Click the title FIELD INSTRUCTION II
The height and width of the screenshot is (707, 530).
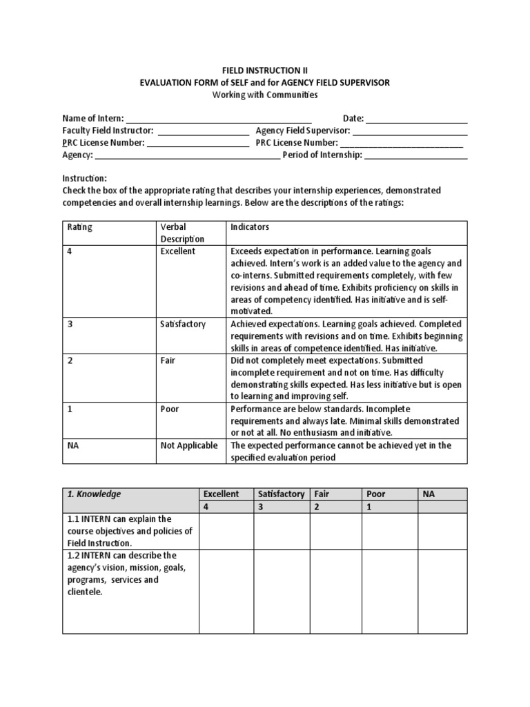pos(265,70)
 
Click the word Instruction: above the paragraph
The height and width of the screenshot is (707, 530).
pos(85,177)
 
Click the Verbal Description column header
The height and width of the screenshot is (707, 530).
pos(178,233)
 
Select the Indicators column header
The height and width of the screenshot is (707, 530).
pos(250,226)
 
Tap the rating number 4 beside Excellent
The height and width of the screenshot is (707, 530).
pos(69,251)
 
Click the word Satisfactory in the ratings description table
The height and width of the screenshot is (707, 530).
pos(183,324)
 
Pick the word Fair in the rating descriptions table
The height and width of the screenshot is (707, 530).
pos(168,360)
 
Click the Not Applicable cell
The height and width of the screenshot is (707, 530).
pos(188,445)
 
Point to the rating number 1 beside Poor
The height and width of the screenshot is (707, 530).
pos(69,409)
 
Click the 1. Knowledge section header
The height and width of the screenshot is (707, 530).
pos(94,494)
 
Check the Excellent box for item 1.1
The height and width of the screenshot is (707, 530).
pos(226,531)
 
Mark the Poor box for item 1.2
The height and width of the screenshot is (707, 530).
pos(390,591)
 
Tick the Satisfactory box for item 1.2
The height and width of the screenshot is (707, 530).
pos(282,591)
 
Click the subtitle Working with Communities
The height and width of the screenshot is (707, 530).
pos(265,95)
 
